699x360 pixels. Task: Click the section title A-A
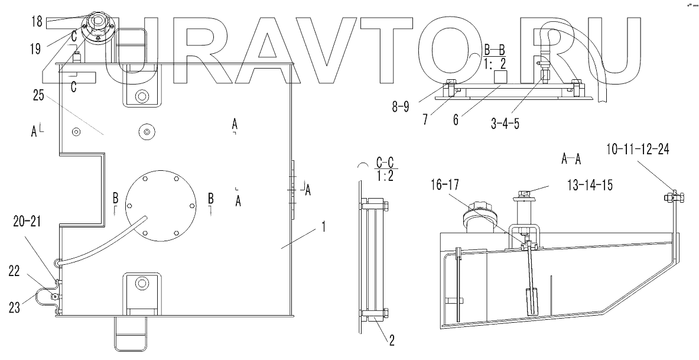(571, 158)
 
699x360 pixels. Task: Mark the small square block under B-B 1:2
(502, 76)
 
